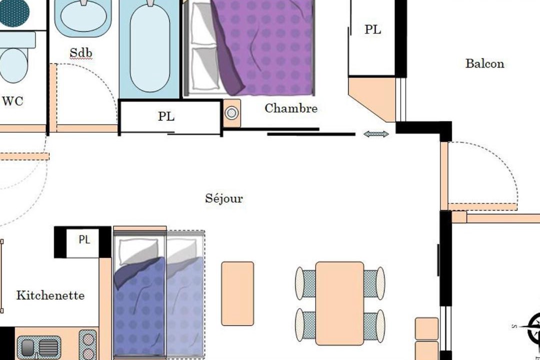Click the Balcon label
click(x=484, y=63)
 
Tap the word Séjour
click(x=224, y=198)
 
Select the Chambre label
click(x=291, y=108)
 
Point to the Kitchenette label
click(x=50, y=295)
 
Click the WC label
click(x=12, y=101)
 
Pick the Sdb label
click(x=81, y=52)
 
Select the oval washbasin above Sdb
click(x=83, y=15)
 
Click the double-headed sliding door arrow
click(x=376, y=134)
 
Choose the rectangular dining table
click(x=339, y=303)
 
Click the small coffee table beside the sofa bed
click(x=237, y=293)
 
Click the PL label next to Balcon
click(x=372, y=29)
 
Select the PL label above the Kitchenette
click(x=84, y=239)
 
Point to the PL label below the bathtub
click(x=166, y=116)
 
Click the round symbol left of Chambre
click(x=232, y=113)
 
